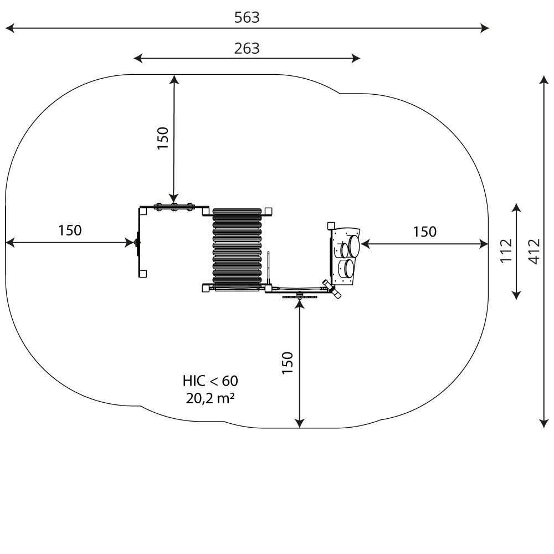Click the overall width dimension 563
click(247, 17)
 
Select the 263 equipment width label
click(247, 48)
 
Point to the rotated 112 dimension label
click(506, 250)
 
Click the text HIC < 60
click(210, 381)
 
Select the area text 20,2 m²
click(210, 398)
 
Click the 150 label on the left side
click(70, 230)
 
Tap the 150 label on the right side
click(425, 232)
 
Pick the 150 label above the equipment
click(163, 138)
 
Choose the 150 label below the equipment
click(288, 363)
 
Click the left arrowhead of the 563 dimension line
click(9, 28)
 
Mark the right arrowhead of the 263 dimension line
click(356, 58)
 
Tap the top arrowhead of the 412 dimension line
click(544, 79)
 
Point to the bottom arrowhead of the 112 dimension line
click(516, 295)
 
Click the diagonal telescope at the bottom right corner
click(332, 289)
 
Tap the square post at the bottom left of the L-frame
click(143, 274)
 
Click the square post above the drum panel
click(331, 225)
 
